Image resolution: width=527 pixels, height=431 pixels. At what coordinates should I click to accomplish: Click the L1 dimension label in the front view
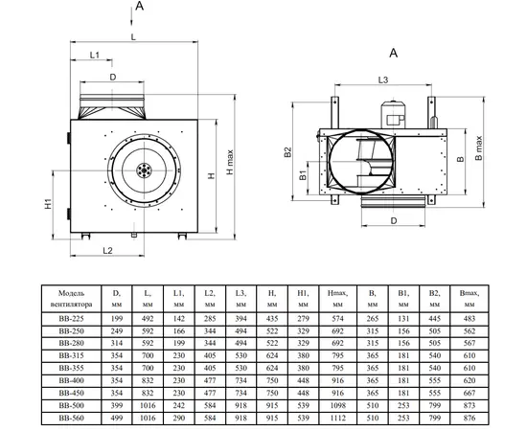tap(95, 55)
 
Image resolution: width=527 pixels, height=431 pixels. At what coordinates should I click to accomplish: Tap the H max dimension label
tap(230, 162)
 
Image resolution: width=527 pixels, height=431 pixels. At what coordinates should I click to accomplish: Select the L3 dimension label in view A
tap(383, 79)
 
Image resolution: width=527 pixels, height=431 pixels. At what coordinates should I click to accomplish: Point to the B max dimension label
tap(478, 147)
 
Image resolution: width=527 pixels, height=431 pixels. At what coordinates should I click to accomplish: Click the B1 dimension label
tap(303, 174)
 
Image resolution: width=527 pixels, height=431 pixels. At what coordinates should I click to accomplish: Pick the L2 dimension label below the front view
tap(107, 251)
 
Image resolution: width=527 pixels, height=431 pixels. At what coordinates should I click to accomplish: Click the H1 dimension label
tap(49, 204)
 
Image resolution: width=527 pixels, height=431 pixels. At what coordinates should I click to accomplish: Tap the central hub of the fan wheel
tap(144, 170)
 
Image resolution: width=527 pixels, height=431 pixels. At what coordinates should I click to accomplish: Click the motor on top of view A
tap(393, 114)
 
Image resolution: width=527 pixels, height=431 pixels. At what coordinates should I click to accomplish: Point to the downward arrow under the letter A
tap(131, 17)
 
